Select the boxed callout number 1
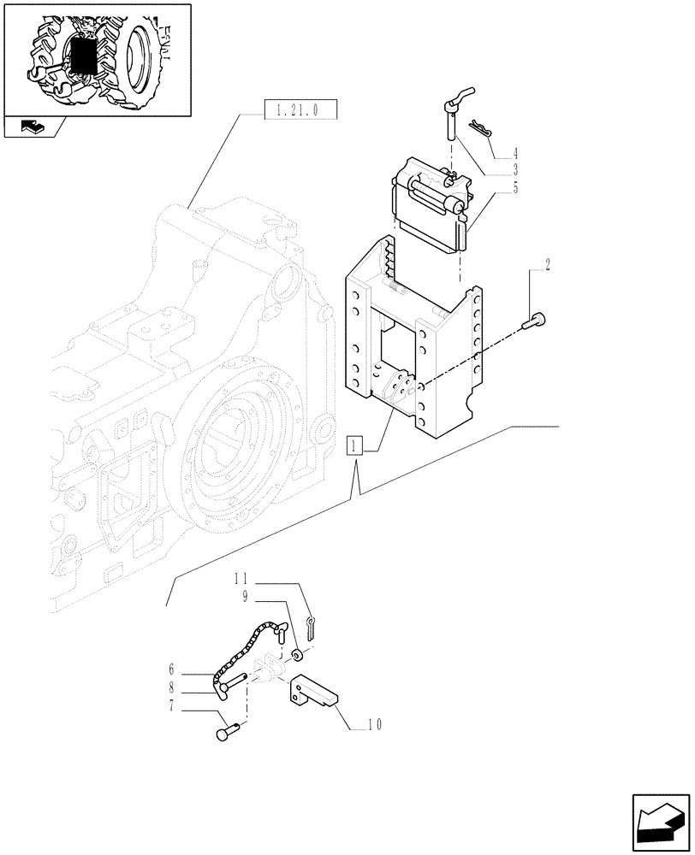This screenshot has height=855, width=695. click(355, 446)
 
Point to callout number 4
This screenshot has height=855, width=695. click(515, 155)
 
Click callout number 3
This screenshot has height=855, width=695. click(515, 171)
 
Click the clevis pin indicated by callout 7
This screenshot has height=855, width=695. click(226, 732)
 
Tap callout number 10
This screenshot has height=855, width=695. click(373, 725)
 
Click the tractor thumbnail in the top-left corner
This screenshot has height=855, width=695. click(96, 59)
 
